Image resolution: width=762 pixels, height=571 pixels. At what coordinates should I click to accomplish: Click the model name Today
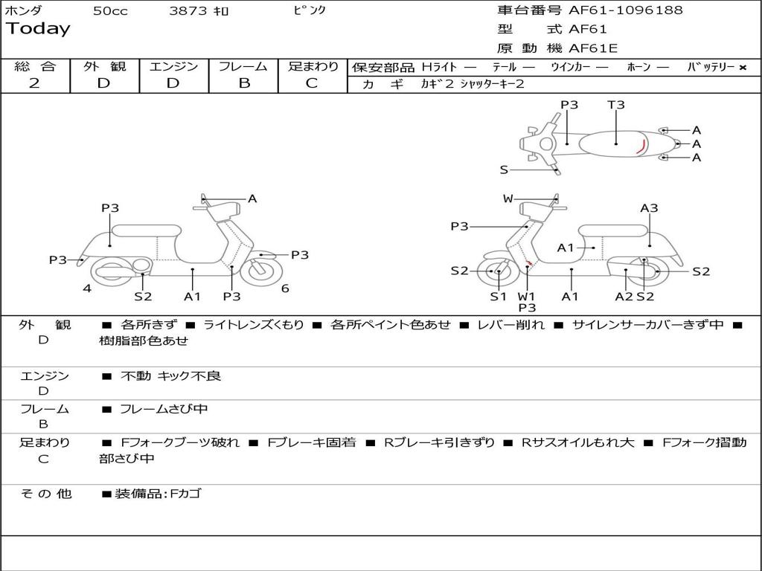coord(38,29)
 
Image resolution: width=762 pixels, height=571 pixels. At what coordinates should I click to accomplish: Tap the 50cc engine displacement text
coord(110,11)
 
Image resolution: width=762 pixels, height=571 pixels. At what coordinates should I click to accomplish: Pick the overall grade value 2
coord(34,83)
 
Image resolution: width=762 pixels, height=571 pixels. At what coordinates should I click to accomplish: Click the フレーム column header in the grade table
coord(243,66)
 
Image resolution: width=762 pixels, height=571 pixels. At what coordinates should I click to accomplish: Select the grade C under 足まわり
coord(312,83)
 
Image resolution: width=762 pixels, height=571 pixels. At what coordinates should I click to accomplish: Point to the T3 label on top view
coord(616,105)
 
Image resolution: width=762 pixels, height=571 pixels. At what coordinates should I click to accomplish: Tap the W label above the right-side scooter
coord(508,199)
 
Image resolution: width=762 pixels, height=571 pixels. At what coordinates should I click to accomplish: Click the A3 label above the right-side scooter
coord(649,208)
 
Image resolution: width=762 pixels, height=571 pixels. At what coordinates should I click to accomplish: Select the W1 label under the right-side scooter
coord(527,296)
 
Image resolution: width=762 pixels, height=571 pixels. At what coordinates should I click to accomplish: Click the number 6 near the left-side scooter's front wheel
coord(285,288)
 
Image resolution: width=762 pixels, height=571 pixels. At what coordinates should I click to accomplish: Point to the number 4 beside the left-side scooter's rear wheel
coord(87,288)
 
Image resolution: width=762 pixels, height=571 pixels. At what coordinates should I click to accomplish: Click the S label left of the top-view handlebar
coord(504,170)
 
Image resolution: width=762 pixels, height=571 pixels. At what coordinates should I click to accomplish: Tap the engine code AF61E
coord(593,49)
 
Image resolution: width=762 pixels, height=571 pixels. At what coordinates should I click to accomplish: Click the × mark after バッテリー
coord(742,68)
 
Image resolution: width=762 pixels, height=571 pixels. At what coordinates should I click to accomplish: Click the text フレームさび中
coord(164,409)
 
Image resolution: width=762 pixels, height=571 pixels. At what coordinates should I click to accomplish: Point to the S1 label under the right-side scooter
coord(498,296)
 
